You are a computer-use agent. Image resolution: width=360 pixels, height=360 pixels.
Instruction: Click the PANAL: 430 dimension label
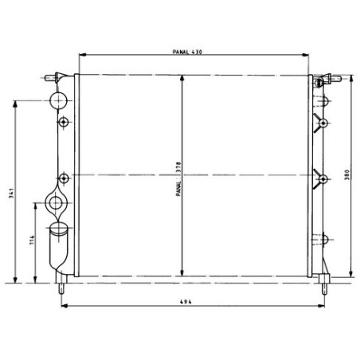click(x=187, y=52)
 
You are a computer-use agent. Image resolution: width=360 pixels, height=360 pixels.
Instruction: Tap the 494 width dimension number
click(x=186, y=302)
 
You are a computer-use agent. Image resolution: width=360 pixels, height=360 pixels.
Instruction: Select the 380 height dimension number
click(x=346, y=175)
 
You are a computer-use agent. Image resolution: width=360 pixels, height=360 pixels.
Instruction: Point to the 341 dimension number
click(x=11, y=194)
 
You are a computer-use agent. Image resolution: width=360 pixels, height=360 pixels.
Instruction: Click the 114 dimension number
click(x=32, y=240)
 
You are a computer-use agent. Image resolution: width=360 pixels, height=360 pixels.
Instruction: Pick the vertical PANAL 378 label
click(x=178, y=179)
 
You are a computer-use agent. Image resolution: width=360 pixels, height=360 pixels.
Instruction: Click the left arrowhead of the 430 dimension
click(x=83, y=55)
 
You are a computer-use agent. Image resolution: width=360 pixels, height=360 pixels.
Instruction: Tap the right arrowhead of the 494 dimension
click(x=321, y=306)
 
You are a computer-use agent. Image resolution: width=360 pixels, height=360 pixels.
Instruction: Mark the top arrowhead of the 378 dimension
click(x=182, y=79)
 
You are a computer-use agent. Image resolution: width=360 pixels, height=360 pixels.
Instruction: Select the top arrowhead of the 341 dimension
click(x=15, y=104)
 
